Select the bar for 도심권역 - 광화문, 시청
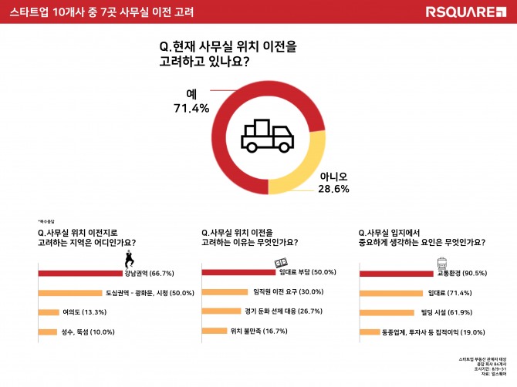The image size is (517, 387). [x=70, y=293]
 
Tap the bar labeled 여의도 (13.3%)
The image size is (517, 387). [x=48, y=312]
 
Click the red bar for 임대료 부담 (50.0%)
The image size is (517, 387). [x=238, y=271]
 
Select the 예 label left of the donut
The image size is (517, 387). [x=192, y=93]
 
